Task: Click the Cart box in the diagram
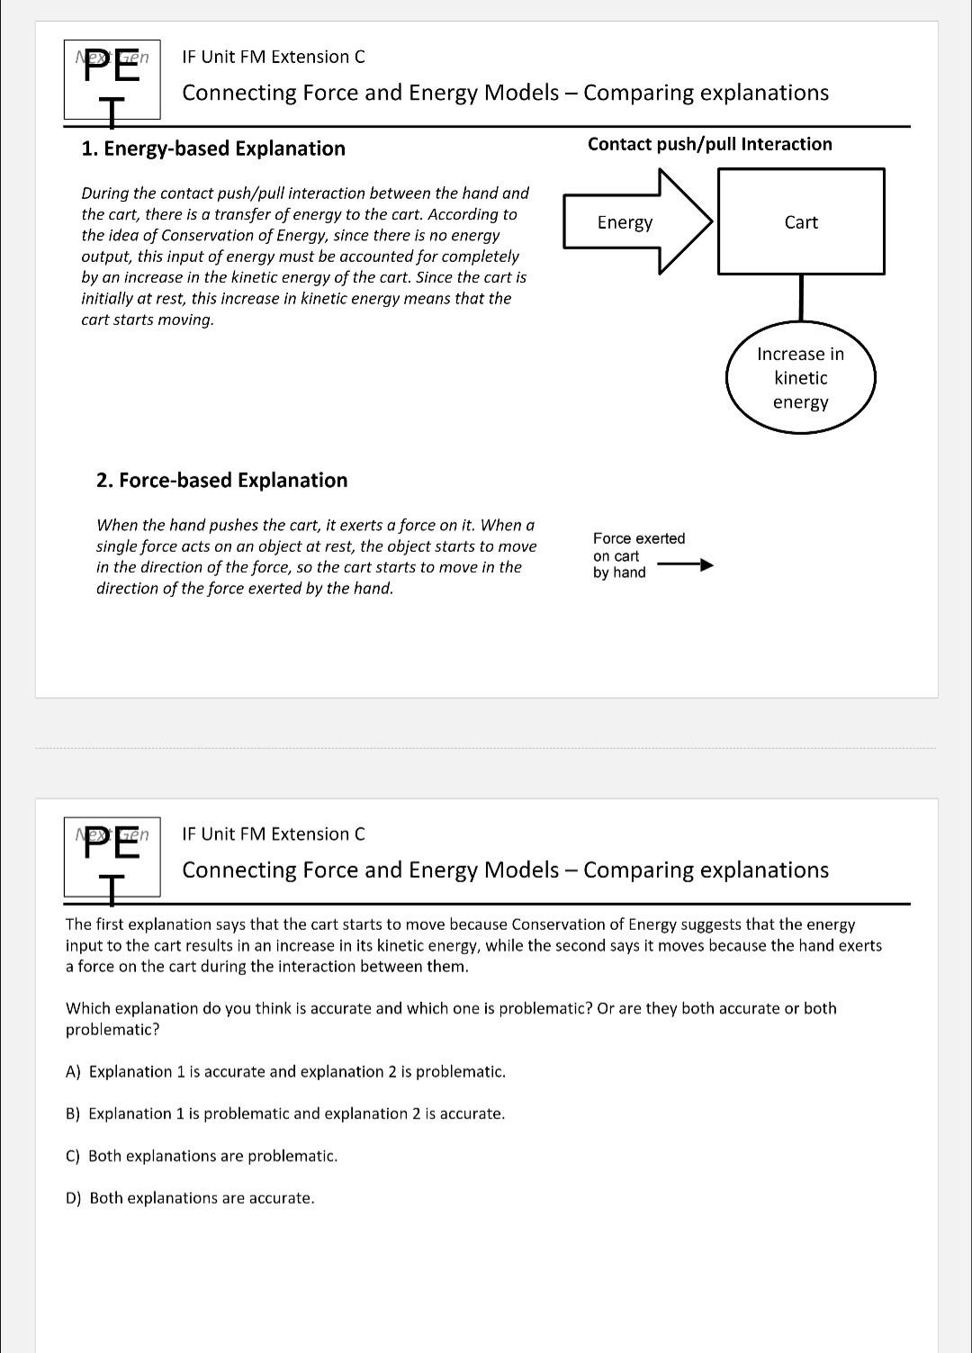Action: click(x=801, y=221)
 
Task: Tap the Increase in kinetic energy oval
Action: click(x=800, y=378)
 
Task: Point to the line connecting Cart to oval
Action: click(x=801, y=298)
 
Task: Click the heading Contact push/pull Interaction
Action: click(x=709, y=144)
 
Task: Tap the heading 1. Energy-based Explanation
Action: click(x=213, y=149)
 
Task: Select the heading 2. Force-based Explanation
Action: click(x=221, y=480)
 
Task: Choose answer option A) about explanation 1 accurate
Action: click(x=285, y=1071)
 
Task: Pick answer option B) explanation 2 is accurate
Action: click(x=285, y=1114)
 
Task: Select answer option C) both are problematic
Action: click(x=202, y=1156)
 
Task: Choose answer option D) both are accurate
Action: click(x=190, y=1198)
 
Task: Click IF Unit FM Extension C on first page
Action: click(x=274, y=57)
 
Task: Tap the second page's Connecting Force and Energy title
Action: click(x=505, y=870)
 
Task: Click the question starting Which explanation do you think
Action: click(x=450, y=1018)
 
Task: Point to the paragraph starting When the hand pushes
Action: click(x=316, y=556)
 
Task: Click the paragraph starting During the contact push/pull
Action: click(x=304, y=256)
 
